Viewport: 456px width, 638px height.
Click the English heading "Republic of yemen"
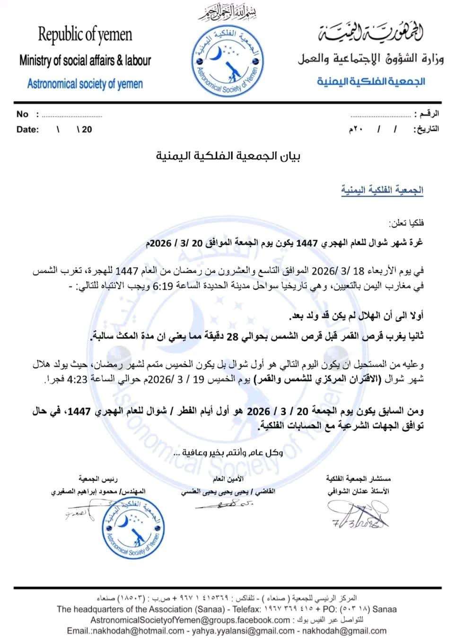click(x=85, y=34)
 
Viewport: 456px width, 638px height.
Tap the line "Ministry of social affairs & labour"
click(x=85, y=60)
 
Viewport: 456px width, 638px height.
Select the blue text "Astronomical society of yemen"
click(x=85, y=84)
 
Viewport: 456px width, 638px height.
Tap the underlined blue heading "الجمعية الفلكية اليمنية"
click(x=382, y=190)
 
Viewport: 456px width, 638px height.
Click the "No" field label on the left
click(x=22, y=114)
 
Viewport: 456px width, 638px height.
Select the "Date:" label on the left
click(x=27, y=129)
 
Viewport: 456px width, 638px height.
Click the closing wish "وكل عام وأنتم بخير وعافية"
click(x=229, y=453)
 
